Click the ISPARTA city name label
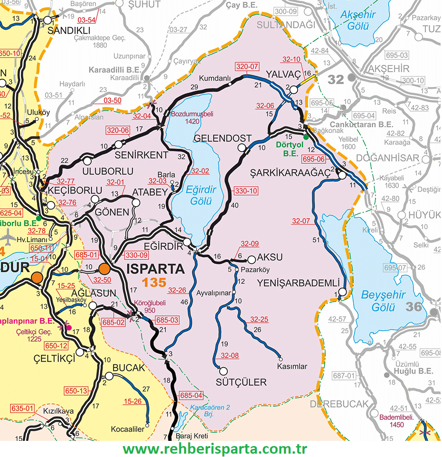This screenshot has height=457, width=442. [x=156, y=269]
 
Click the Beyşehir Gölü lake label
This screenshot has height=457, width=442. [x=383, y=301]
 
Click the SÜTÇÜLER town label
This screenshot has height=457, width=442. [x=241, y=382]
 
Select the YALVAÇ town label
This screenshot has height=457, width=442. [x=283, y=74]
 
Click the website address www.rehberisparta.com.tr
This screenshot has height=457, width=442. [x=215, y=448]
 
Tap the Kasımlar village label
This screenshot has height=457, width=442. [x=292, y=367]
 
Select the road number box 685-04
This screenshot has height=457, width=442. [x=191, y=395]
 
